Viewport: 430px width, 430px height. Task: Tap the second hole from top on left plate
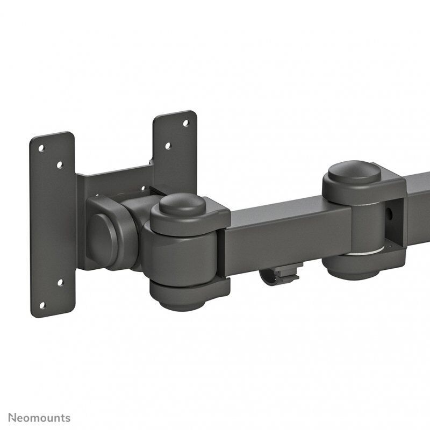(x=59, y=164)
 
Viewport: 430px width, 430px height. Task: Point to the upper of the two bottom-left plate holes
(x=60, y=282)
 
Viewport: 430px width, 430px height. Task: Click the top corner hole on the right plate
(x=186, y=123)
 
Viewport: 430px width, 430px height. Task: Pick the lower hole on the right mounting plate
(x=167, y=145)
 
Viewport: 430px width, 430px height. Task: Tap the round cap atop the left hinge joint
(x=183, y=204)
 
